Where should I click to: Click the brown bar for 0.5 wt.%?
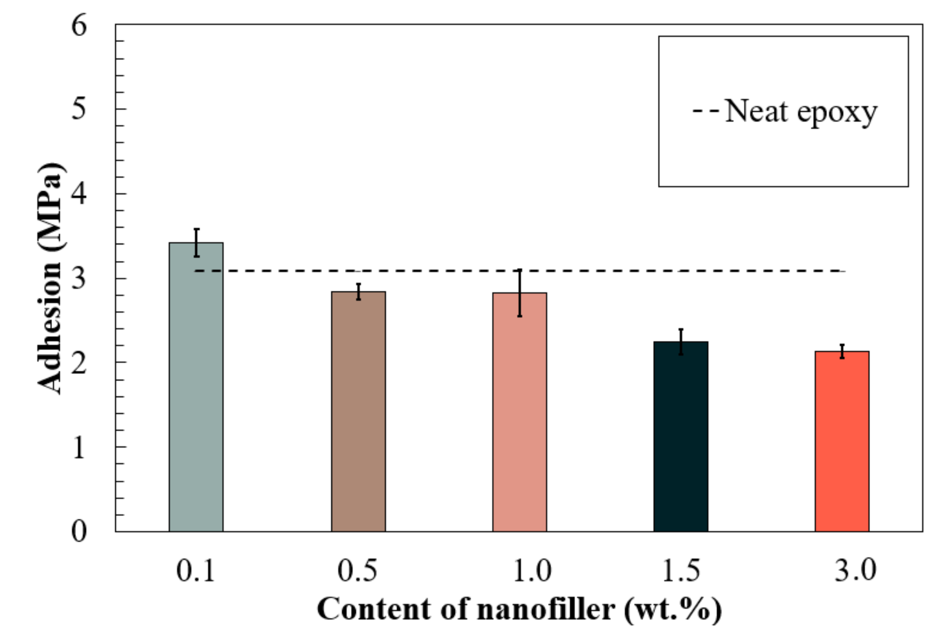tap(358, 412)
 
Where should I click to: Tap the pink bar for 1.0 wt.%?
tap(520, 412)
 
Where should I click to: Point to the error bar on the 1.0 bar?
tap(520, 293)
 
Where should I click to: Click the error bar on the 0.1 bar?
tap(196, 243)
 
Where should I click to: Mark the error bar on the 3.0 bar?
tap(842, 351)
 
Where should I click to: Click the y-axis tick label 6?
tap(79, 26)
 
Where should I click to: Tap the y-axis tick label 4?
tap(79, 194)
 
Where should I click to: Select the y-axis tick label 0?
tap(79, 531)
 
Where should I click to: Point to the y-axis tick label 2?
tap(79, 363)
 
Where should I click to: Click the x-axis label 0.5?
tap(357, 570)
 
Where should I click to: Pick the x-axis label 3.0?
tap(855, 570)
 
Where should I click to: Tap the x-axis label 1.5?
tap(681, 570)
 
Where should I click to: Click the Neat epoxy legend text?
tap(801, 112)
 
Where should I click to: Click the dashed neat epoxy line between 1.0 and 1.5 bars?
tap(601, 271)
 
